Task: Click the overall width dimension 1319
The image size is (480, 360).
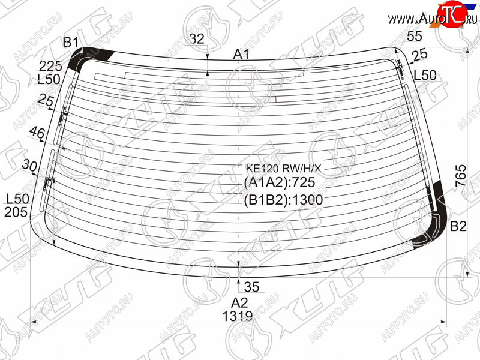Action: tap(238, 316)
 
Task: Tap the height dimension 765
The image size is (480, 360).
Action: tap(460, 176)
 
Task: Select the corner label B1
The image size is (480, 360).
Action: tap(71, 42)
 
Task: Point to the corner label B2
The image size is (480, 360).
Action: tap(458, 226)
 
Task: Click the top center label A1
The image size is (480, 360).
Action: tap(241, 54)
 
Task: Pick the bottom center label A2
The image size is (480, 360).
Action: tap(239, 302)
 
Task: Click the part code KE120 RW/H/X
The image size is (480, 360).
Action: tap(283, 168)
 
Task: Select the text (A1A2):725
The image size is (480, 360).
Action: tap(280, 182)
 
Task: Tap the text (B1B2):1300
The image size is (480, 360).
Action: tap(283, 200)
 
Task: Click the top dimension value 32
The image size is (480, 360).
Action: tap(197, 39)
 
